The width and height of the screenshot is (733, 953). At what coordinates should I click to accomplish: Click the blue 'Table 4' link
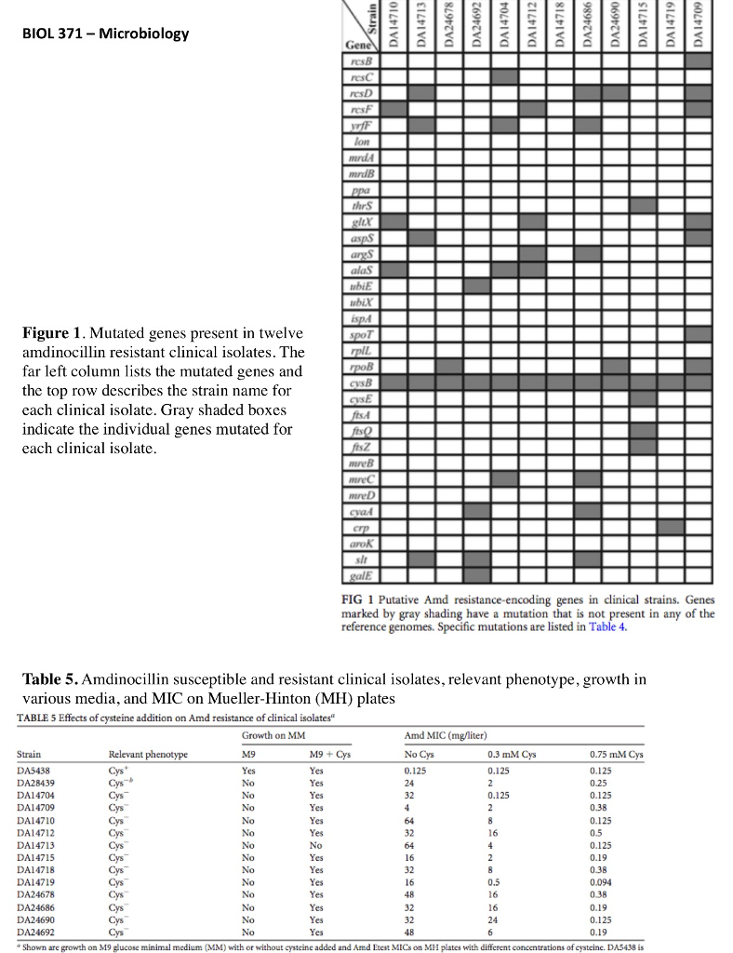click(x=608, y=626)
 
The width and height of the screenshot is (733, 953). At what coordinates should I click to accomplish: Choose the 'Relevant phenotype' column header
click(x=149, y=755)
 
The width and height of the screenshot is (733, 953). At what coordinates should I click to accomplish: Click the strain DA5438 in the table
click(x=34, y=772)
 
